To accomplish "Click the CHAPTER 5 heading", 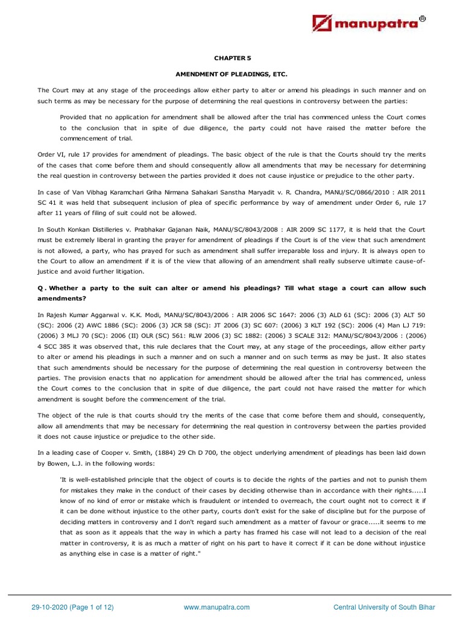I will click(x=232, y=58).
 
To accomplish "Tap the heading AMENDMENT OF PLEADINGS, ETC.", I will click(x=232, y=74).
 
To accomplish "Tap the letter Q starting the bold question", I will click(x=40, y=288).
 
